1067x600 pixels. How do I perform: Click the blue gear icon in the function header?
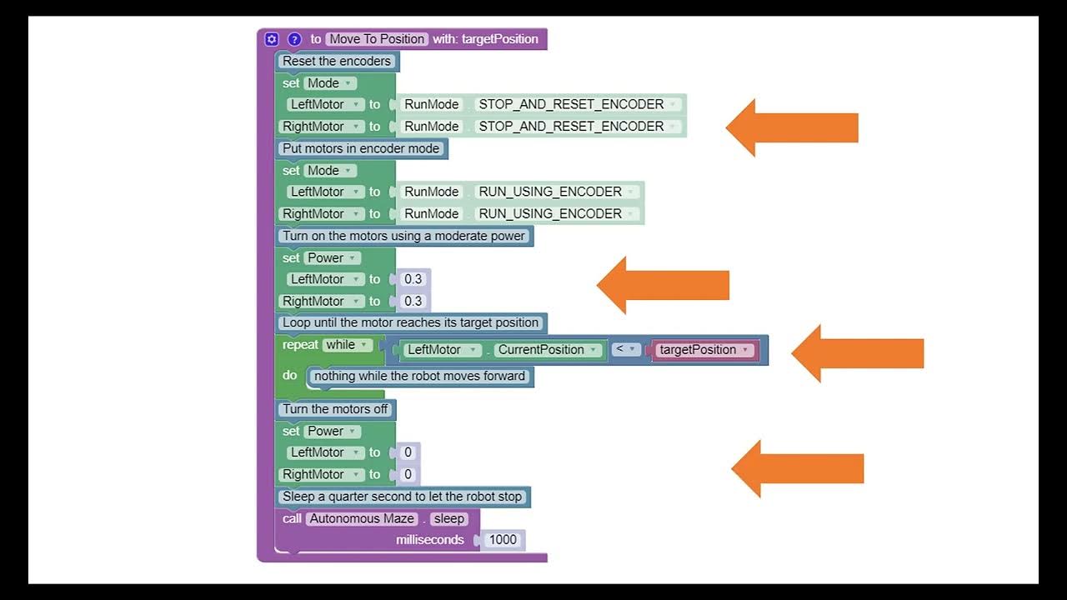271,39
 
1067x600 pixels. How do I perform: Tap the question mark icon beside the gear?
294,39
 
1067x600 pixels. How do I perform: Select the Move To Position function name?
378,39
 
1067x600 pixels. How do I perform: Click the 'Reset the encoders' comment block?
337,61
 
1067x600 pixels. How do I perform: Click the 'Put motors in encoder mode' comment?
361,148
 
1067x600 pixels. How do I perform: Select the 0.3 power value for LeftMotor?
413,279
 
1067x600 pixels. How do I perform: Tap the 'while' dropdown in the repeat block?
347,345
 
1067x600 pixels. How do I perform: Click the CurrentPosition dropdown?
547,350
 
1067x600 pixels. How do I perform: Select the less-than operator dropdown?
626,349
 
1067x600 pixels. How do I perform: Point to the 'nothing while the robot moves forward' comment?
419,376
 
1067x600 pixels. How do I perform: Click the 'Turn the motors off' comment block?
335,409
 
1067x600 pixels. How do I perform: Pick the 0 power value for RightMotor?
408,474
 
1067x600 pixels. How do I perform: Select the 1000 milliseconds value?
503,539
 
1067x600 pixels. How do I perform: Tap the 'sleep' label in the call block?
448,518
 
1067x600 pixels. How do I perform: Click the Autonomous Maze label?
361,518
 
